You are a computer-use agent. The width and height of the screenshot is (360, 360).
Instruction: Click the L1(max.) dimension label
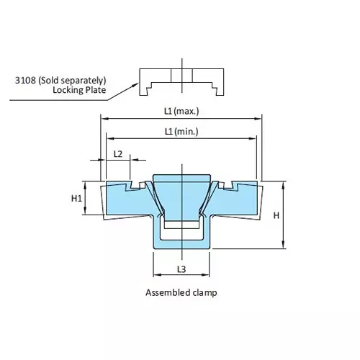tap(181, 112)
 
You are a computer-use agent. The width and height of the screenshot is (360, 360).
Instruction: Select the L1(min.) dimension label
tap(181, 131)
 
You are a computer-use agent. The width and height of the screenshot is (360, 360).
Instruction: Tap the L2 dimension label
tap(118, 153)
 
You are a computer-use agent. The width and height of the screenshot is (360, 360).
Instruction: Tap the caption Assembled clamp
tap(181, 293)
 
